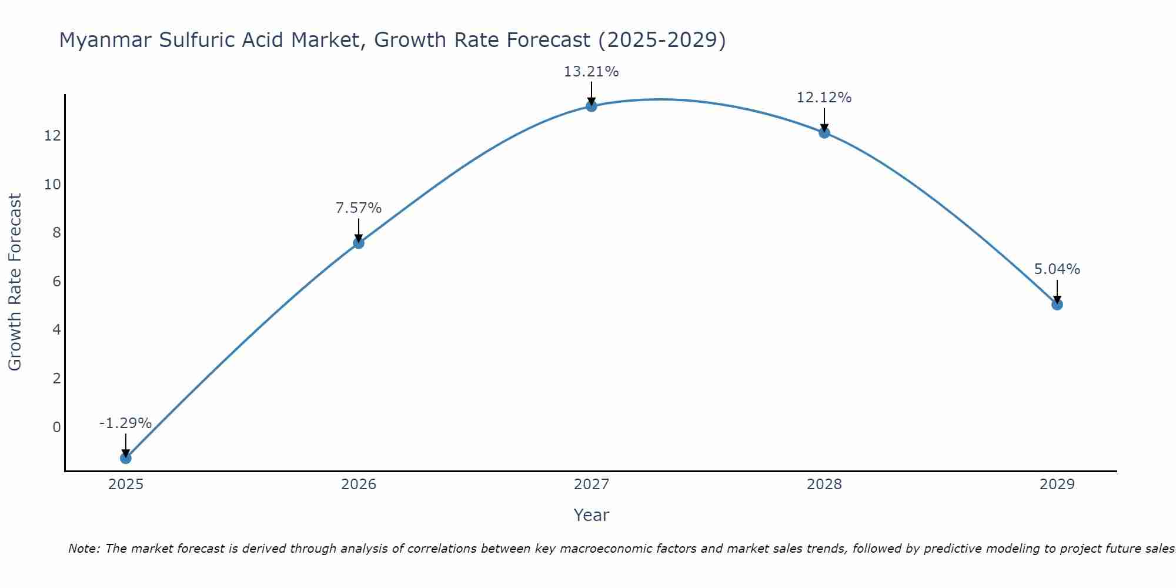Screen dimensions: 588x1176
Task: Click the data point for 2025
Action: pos(126,457)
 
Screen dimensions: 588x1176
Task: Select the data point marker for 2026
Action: pos(359,243)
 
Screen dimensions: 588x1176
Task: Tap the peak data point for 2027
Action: pos(592,106)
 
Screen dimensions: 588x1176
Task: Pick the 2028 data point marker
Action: pos(824,132)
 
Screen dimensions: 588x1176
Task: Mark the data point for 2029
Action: pos(1057,304)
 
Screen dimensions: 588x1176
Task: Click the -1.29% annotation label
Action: pos(126,423)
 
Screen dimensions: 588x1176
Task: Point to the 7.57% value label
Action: pos(359,208)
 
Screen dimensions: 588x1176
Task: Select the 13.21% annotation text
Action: pos(592,72)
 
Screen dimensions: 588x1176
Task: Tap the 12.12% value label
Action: pos(824,98)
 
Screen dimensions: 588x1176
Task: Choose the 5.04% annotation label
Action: pos(1057,269)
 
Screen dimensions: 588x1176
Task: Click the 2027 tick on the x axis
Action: pos(592,485)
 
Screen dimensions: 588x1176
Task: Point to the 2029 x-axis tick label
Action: pos(1057,485)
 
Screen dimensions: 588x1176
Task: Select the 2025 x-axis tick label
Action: pos(126,485)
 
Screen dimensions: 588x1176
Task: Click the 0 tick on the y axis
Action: pos(56,427)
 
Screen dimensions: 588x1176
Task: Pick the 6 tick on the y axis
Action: pos(56,281)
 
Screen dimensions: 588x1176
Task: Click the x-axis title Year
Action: pos(592,515)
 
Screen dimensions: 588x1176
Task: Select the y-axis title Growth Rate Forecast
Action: pos(15,282)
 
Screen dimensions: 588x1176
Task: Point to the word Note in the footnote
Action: pos(83,549)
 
